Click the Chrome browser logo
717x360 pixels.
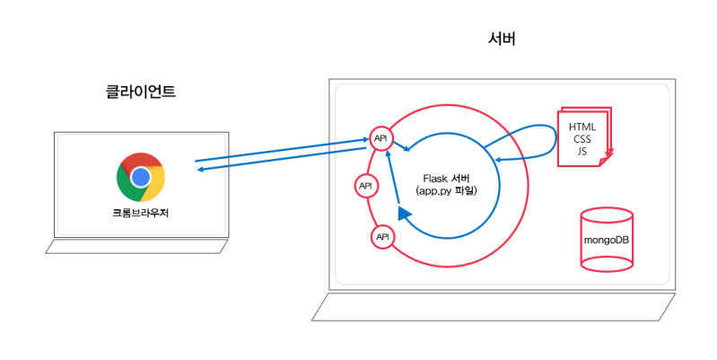click(140, 177)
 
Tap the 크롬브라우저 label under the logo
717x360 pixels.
click(140, 214)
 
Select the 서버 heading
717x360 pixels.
click(502, 40)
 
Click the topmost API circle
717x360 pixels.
click(381, 138)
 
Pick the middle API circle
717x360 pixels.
click(365, 186)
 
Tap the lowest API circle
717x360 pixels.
click(382, 236)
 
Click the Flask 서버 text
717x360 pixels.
click(447, 178)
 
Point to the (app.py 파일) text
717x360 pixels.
click(447, 191)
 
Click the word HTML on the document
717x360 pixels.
click(582, 127)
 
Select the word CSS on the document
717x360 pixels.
click(582, 140)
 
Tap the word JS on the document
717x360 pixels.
click(582, 152)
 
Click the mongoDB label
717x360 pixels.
click(607, 241)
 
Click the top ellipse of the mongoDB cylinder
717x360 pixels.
click(607, 216)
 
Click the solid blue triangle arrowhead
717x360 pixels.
click(404, 213)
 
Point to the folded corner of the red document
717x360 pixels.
click(604, 160)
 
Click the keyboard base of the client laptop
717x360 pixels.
click(139, 246)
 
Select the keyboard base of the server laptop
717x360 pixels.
click(493, 306)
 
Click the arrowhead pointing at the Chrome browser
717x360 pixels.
click(200, 170)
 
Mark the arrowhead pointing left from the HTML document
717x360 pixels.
click(498, 162)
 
